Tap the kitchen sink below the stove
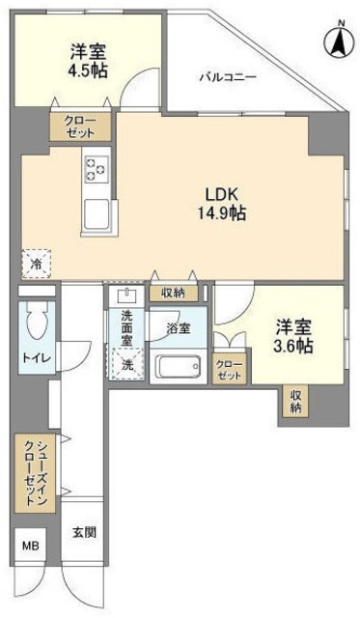[97, 213]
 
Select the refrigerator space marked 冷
[35, 261]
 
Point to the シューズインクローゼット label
[34, 473]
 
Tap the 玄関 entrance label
[82, 533]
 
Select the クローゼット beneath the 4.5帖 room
[82, 126]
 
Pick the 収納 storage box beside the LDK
[174, 292]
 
